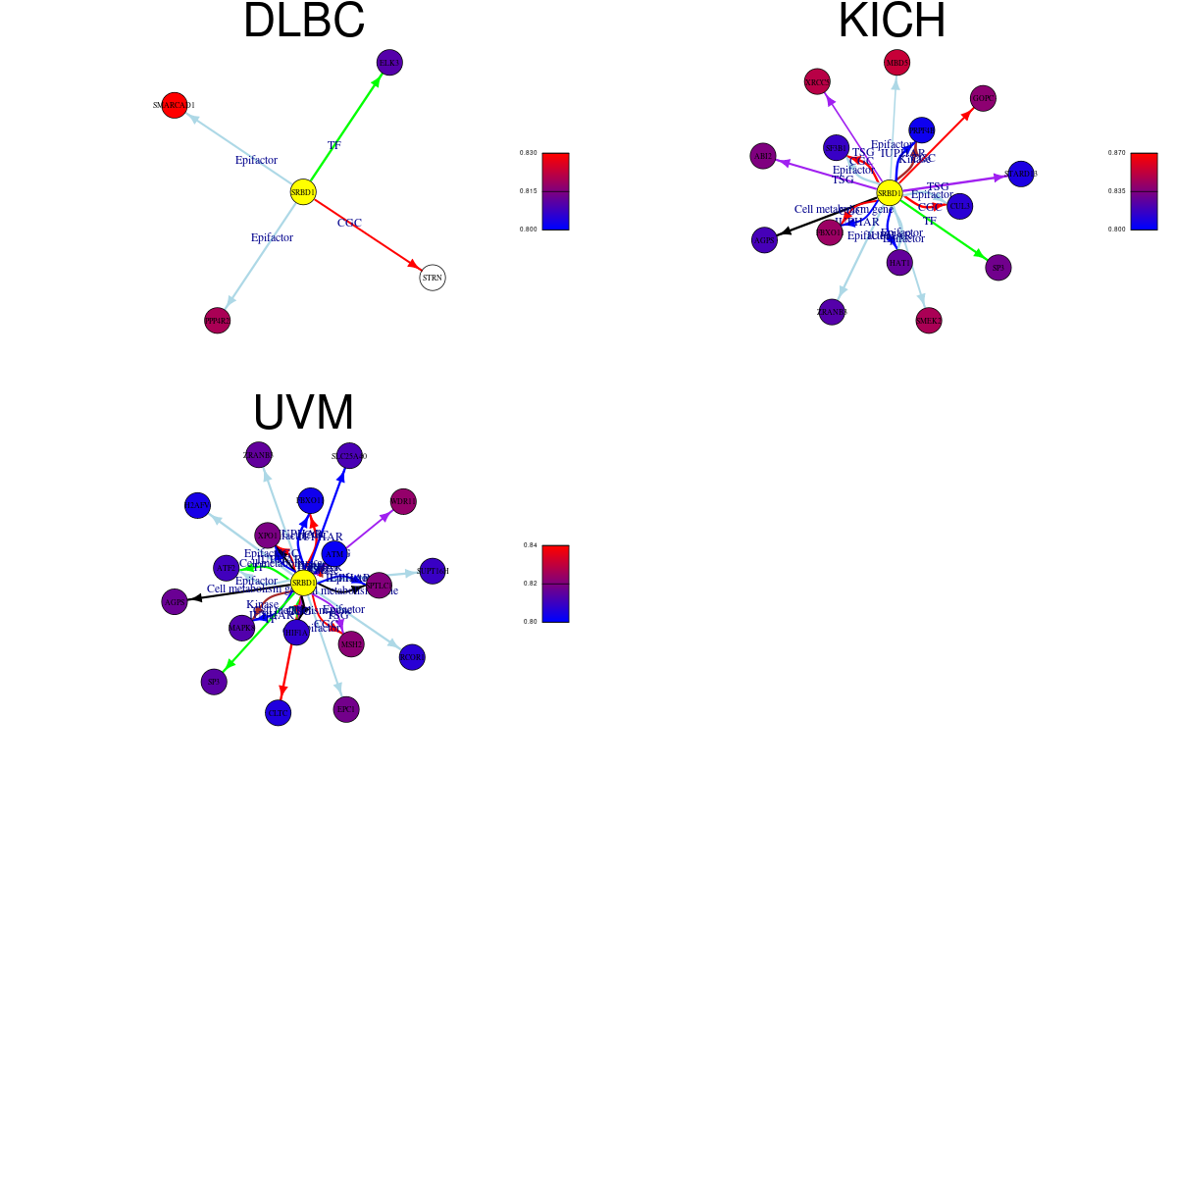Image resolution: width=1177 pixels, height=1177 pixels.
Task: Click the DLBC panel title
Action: (304, 22)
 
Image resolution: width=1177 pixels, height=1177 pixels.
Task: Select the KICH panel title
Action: (892, 22)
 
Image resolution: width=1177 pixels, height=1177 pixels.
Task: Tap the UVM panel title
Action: (304, 413)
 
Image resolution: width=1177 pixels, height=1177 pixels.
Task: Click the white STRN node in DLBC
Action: (433, 278)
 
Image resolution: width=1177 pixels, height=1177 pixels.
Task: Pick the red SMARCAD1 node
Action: (174, 105)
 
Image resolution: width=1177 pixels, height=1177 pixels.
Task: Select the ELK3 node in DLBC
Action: (389, 63)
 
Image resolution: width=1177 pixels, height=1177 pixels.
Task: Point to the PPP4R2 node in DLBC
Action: (217, 321)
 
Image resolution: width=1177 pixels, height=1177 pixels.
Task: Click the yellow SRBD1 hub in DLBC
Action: (303, 192)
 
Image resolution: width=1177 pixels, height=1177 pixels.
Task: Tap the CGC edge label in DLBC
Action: (349, 224)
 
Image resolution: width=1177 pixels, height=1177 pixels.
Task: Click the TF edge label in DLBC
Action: (334, 146)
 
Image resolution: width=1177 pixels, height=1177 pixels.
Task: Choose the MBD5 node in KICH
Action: (896, 63)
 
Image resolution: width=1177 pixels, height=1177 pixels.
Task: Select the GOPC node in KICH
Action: (983, 98)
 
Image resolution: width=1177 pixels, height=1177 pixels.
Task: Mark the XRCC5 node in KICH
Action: (817, 82)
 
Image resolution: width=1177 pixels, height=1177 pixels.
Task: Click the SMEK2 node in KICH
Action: (928, 321)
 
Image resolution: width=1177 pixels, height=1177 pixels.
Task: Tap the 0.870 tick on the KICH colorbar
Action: (1117, 153)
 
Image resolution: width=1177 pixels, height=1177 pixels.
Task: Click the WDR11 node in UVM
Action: (403, 501)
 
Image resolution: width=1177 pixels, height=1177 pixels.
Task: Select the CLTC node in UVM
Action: (279, 713)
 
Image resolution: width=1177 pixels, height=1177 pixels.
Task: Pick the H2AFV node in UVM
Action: (197, 505)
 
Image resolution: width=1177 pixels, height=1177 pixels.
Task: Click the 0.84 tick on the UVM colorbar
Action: (529, 545)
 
